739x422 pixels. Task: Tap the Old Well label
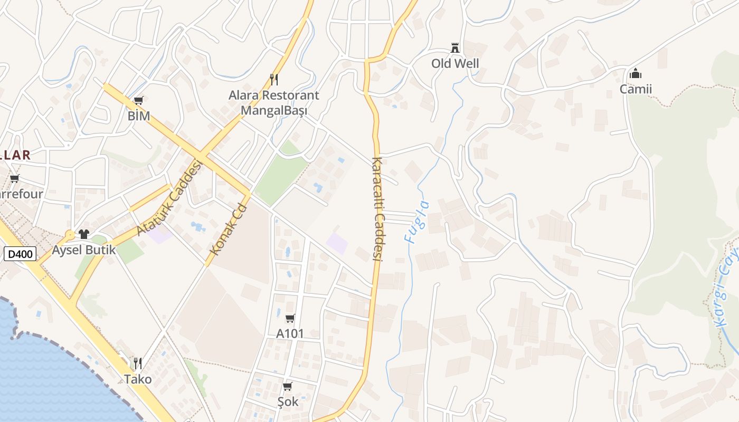point(455,64)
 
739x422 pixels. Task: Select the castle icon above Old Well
point(455,48)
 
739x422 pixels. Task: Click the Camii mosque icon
point(636,73)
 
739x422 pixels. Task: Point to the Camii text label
point(636,89)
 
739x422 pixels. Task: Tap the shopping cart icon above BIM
point(139,100)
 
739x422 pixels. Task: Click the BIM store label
point(139,116)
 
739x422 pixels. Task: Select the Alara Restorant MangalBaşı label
point(273,103)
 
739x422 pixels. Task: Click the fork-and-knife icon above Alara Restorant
point(273,80)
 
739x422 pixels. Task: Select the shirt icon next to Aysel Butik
point(84,234)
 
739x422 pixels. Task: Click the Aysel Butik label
point(84,250)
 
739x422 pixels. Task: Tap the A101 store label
point(290,333)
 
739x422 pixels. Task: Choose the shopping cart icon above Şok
point(288,387)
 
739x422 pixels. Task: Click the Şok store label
point(288,402)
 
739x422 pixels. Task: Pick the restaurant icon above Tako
point(138,363)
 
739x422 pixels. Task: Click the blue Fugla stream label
point(417,222)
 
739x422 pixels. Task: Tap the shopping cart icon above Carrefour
point(15,179)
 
